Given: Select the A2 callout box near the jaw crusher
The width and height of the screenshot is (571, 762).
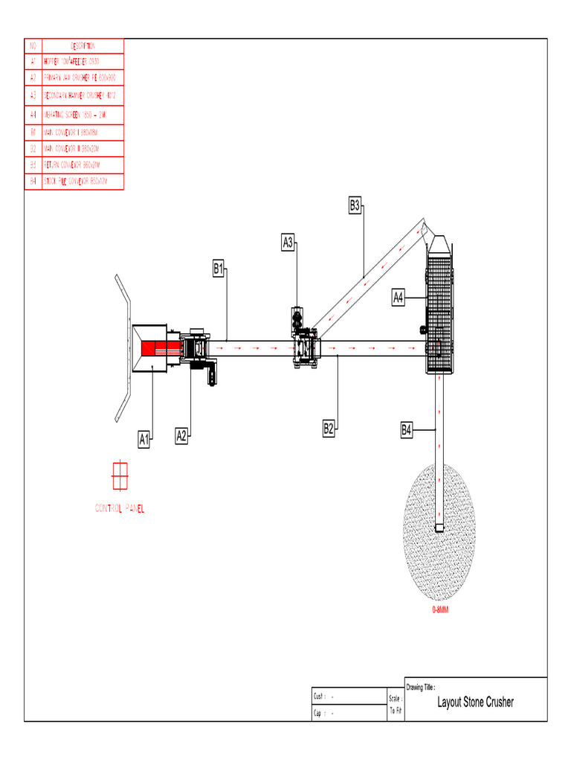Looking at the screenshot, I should pyautogui.click(x=181, y=436).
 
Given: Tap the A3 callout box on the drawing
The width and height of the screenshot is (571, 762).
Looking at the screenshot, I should pyautogui.click(x=288, y=242).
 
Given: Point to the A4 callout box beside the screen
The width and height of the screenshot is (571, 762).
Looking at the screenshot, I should pyautogui.click(x=399, y=298).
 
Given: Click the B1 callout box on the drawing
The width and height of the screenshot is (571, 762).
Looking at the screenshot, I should pyautogui.click(x=219, y=269).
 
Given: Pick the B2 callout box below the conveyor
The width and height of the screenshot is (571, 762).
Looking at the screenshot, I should pyautogui.click(x=329, y=428).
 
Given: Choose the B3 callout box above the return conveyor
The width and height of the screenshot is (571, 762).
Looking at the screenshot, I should pyautogui.click(x=355, y=205).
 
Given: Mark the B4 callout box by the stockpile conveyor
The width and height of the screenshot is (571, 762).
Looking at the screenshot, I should pyautogui.click(x=407, y=429).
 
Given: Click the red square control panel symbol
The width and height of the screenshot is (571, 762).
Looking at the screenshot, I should pyautogui.click(x=120, y=476).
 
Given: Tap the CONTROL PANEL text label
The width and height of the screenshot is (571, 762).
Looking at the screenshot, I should pyautogui.click(x=120, y=509).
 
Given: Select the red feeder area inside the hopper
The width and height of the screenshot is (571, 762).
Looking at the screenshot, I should pyautogui.click(x=156, y=348).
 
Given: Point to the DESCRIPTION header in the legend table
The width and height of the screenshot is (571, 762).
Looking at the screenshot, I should pyautogui.click(x=82, y=46).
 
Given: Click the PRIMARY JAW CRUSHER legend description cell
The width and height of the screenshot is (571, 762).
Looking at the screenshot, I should pyautogui.click(x=82, y=77).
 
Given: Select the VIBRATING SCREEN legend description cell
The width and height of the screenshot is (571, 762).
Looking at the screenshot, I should pyautogui.click(x=82, y=115).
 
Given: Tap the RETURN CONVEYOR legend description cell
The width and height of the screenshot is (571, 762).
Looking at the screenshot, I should pyautogui.click(x=82, y=164).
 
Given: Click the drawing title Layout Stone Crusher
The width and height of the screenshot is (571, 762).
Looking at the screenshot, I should pyautogui.click(x=475, y=702).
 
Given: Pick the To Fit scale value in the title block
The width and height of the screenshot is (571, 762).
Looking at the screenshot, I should pyautogui.click(x=396, y=711).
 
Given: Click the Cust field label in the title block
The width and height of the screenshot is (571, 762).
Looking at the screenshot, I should pyautogui.click(x=320, y=697).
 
